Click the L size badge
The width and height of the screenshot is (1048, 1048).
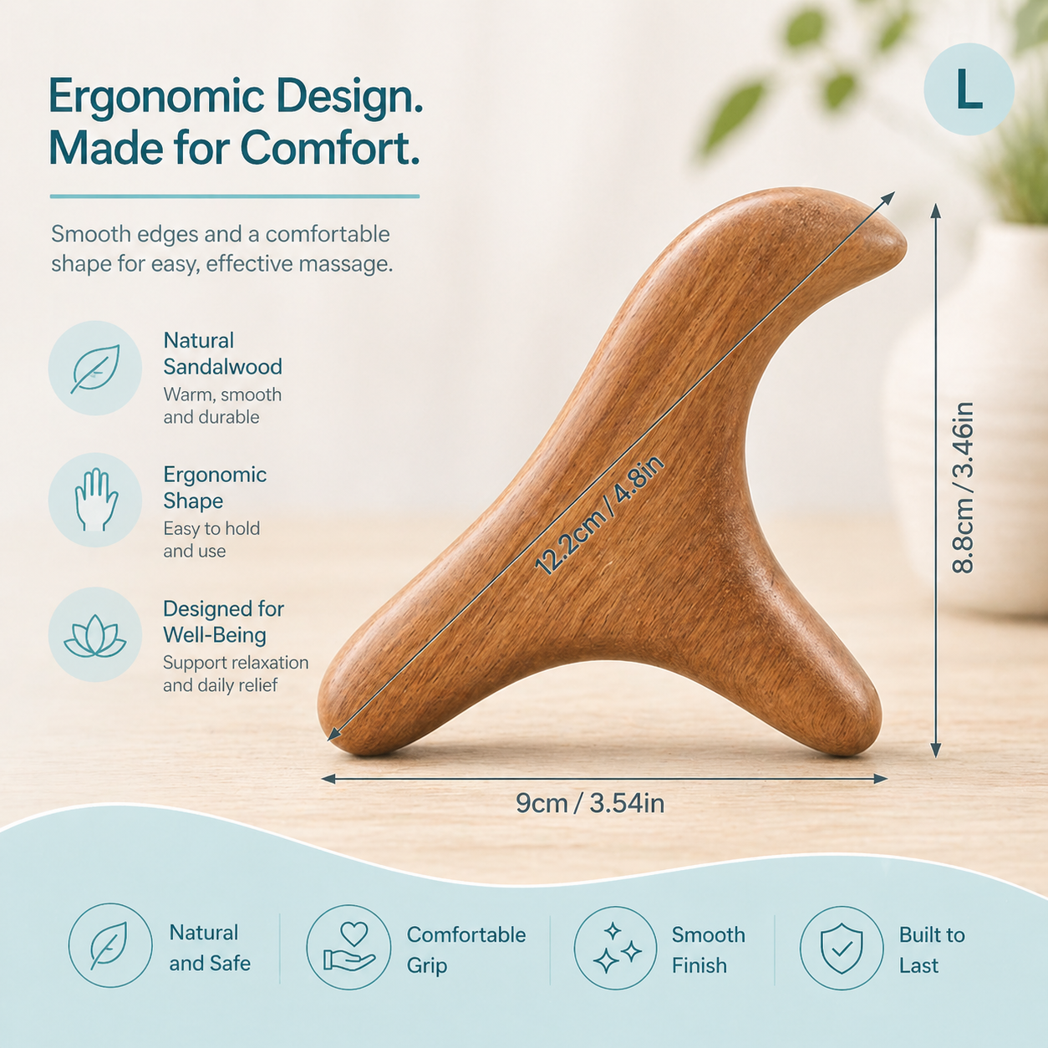969,89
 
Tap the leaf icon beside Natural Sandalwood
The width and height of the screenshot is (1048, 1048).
95,369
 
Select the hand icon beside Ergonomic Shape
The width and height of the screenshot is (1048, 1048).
95,500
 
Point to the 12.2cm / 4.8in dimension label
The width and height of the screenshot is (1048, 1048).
600,516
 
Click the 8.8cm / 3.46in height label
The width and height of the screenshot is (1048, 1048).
963,488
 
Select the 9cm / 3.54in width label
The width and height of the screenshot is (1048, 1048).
590,804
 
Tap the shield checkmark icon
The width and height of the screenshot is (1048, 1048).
842,949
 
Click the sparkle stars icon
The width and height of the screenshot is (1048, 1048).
616,948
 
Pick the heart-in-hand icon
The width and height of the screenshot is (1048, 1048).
348,948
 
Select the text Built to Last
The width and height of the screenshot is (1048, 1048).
932,950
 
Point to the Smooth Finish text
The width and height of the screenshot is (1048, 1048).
708,950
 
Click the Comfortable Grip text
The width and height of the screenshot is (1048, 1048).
466,950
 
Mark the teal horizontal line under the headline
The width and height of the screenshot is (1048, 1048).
234,196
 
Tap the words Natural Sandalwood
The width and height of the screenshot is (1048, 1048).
223,354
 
